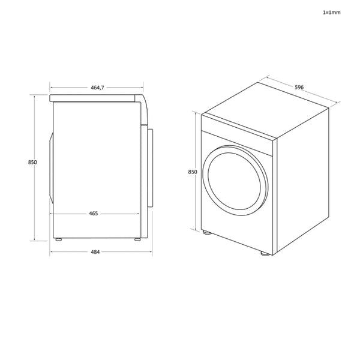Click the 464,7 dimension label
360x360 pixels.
(98, 88)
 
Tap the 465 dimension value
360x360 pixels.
(94, 213)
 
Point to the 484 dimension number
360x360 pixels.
(95, 251)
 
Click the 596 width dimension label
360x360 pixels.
(299, 87)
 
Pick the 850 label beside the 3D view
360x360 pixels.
(193, 172)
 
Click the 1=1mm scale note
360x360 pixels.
(331, 12)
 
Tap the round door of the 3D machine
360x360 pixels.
(235, 178)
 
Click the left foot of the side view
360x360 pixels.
(58, 239)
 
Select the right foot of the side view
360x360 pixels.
(137, 239)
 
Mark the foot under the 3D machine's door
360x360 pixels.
(207, 232)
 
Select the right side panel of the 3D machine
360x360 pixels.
(302, 180)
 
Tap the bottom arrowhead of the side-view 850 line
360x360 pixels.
(35, 238)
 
